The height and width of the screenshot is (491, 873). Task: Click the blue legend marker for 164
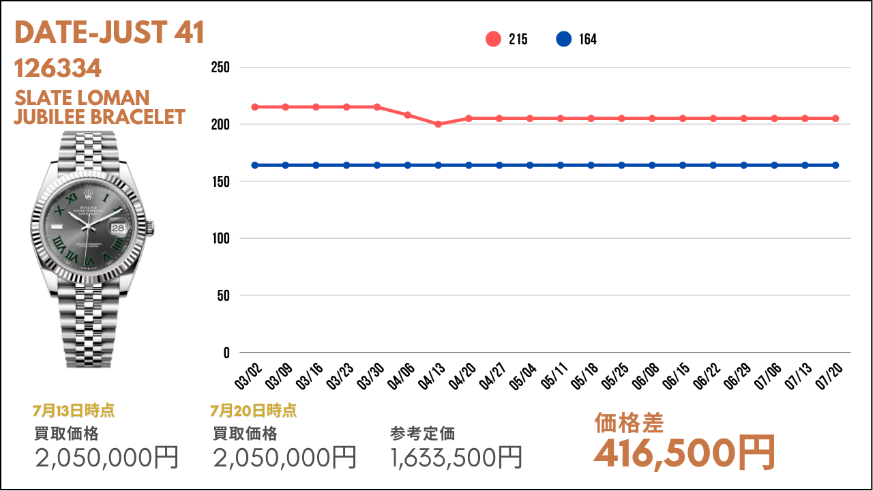pyautogui.click(x=563, y=40)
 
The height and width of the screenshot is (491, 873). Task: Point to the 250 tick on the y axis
pyautogui.click(x=221, y=68)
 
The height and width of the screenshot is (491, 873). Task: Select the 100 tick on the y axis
pyautogui.click(x=221, y=239)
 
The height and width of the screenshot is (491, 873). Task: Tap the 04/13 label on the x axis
pyautogui.click(x=433, y=376)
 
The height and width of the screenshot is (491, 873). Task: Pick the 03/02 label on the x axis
pyautogui.click(x=250, y=376)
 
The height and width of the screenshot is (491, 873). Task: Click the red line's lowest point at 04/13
pyautogui.click(x=438, y=124)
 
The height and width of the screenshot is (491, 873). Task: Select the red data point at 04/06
pyautogui.click(x=408, y=115)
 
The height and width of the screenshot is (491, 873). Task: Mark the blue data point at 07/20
pyautogui.click(x=835, y=165)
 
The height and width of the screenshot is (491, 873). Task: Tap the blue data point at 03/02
pyautogui.click(x=255, y=165)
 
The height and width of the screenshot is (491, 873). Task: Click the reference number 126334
pyautogui.click(x=58, y=68)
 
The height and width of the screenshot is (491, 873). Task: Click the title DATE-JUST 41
pyautogui.click(x=109, y=33)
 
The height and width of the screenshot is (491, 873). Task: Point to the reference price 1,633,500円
pyautogui.click(x=456, y=458)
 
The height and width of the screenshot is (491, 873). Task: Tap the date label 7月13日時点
pyautogui.click(x=73, y=411)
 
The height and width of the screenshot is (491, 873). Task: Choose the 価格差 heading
pyautogui.click(x=629, y=423)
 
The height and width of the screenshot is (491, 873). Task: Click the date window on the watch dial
pyautogui.click(x=119, y=228)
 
